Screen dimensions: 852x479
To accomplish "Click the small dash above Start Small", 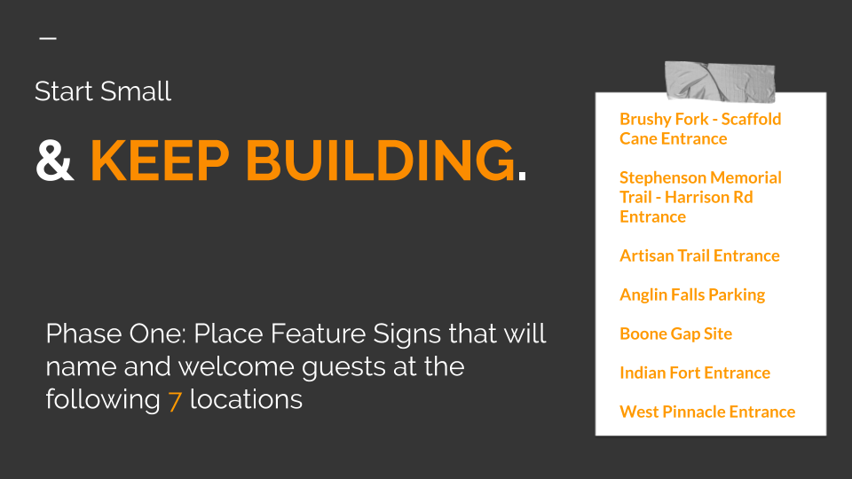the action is click(48, 38).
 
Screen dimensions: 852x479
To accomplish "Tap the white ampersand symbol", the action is click(55, 160).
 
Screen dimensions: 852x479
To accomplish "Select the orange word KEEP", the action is click(160, 161).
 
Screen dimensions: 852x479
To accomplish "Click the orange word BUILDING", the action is click(381, 161).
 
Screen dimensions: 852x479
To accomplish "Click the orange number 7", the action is click(175, 401).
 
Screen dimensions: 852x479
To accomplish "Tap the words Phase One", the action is click(116, 334).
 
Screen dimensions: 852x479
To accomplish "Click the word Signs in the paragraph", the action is click(406, 335).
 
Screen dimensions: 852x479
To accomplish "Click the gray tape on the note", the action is click(720, 82).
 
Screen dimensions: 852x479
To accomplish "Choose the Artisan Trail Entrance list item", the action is click(699, 255).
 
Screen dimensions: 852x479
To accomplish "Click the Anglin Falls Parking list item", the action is click(692, 294).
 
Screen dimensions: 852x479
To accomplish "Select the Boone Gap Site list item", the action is click(676, 334).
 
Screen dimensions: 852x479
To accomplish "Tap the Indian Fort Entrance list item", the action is click(695, 373).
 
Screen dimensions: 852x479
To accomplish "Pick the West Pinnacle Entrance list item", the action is click(707, 412).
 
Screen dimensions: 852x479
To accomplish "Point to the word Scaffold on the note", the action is click(751, 119).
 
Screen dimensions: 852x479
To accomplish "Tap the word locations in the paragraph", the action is click(246, 400).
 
